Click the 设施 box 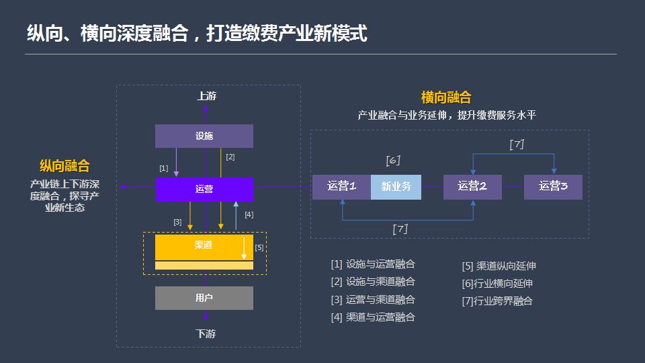pyautogui.click(x=204, y=136)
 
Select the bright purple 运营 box pyautogui.click(x=204, y=190)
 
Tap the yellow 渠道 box pyautogui.click(x=204, y=247)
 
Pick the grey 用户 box pyautogui.click(x=204, y=298)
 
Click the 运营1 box pyautogui.click(x=341, y=187)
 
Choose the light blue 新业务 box pyautogui.click(x=396, y=187)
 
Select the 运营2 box pyautogui.click(x=472, y=187)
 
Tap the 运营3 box pyautogui.click(x=553, y=187)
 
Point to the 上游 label pyautogui.click(x=206, y=96)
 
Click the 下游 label pyautogui.click(x=206, y=333)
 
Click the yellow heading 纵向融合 pyautogui.click(x=64, y=166)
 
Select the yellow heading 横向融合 pyautogui.click(x=446, y=97)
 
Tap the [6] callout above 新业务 pyautogui.click(x=393, y=160)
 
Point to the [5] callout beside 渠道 pyautogui.click(x=259, y=247)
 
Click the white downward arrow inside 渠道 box pyautogui.click(x=244, y=248)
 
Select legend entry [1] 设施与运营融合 pyautogui.click(x=373, y=264)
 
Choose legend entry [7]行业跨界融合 pyautogui.click(x=497, y=301)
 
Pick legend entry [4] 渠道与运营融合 pyautogui.click(x=373, y=317)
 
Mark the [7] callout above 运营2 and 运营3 pyautogui.click(x=517, y=144)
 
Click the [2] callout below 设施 pyautogui.click(x=230, y=157)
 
